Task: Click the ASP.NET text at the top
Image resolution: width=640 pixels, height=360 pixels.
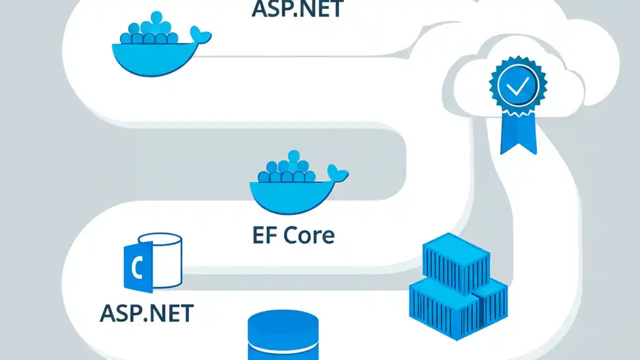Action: point(297,8)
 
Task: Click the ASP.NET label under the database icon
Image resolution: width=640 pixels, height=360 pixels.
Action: point(146,313)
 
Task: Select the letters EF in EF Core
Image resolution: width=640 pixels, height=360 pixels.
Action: point(263,235)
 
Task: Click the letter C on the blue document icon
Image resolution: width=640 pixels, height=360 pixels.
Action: point(136,269)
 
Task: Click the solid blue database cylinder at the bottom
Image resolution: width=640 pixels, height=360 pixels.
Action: point(283,335)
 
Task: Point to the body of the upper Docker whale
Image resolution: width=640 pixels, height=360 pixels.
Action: point(150,59)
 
